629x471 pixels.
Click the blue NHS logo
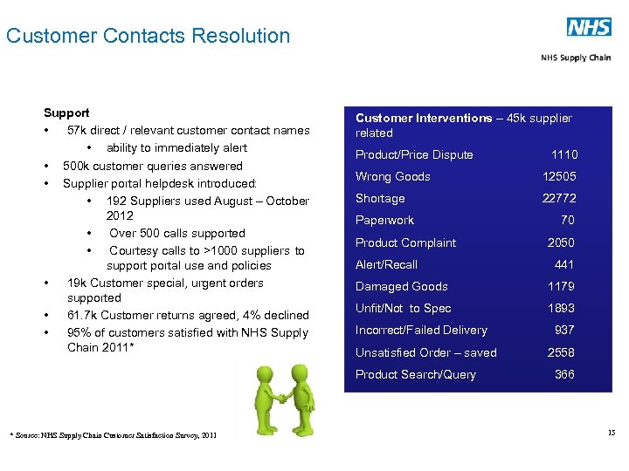(x=589, y=27)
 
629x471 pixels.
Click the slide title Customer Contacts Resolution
(x=148, y=36)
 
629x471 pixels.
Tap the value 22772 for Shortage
(x=559, y=199)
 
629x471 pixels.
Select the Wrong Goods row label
(x=392, y=177)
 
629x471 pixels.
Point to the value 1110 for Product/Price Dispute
(x=563, y=155)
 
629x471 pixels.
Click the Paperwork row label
(x=384, y=221)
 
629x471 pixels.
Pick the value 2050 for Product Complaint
(x=562, y=242)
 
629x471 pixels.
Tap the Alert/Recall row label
(x=386, y=264)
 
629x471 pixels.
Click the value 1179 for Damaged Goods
(x=562, y=286)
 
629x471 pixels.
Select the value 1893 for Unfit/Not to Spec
(x=562, y=308)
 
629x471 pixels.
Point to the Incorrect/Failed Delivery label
(x=421, y=330)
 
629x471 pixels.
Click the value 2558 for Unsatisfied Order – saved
(x=562, y=352)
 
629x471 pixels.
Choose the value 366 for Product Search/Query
(x=564, y=374)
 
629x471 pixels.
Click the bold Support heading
(x=66, y=113)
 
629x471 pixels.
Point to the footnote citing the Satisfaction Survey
(x=113, y=434)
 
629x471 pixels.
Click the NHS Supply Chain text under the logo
(x=576, y=58)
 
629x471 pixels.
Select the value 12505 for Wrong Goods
(x=559, y=177)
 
